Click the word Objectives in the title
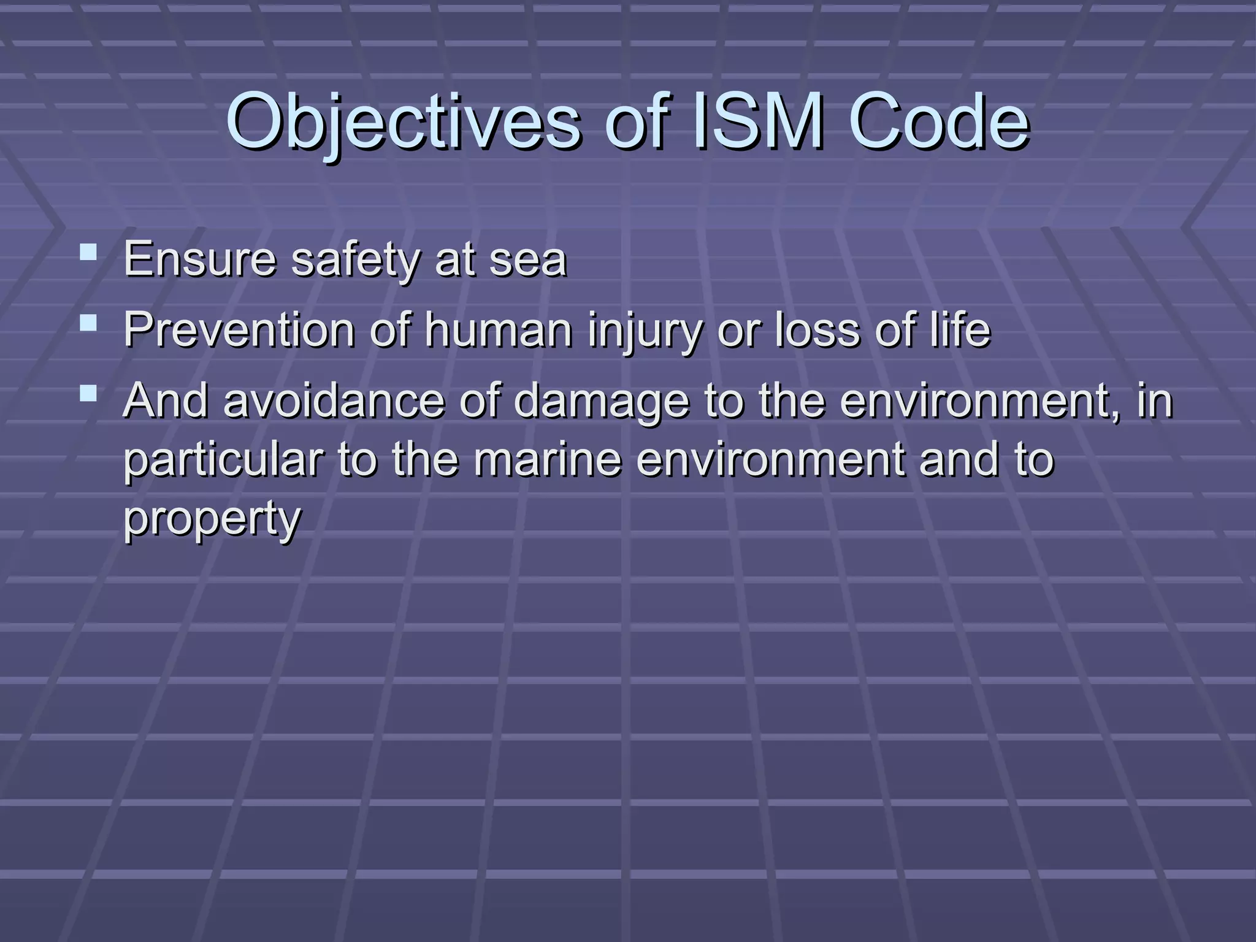(403, 121)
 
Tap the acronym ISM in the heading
(757, 121)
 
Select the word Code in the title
(939, 121)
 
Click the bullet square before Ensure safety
(88, 251)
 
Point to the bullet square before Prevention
(88, 323)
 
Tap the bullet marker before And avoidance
(88, 393)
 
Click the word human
(499, 330)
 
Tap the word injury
(645, 330)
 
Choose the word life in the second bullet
(960, 330)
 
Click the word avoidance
(334, 400)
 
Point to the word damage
(601, 400)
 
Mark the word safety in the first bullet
(355, 259)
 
